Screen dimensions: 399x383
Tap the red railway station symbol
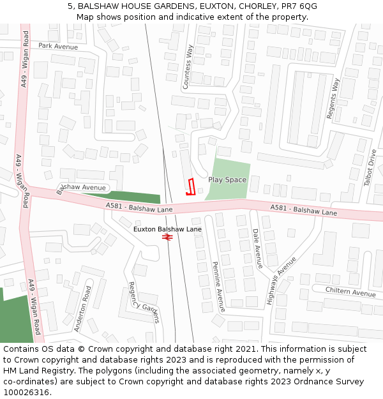168,237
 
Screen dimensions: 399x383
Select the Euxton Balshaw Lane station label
167,229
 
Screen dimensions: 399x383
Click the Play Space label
227,180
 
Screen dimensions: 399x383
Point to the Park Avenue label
58,47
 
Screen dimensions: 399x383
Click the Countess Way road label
188,66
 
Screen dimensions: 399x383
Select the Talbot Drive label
370,167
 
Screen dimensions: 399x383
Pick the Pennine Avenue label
218,287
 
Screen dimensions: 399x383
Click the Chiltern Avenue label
350,292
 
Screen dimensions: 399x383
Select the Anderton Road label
82,308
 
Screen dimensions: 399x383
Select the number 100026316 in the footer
26,392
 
